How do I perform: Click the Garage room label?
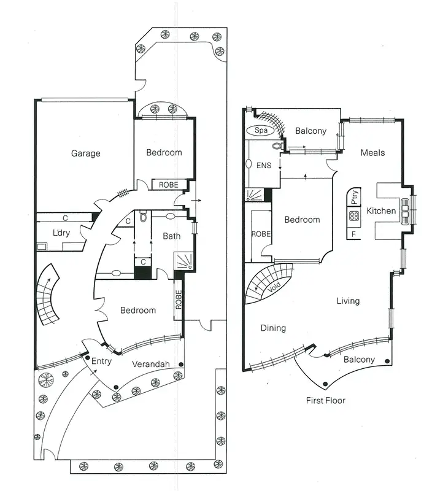click(85, 153)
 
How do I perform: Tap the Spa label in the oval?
click(261, 131)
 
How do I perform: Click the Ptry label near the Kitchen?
click(354, 196)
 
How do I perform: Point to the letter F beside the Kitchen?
click(354, 233)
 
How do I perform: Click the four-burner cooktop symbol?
click(354, 215)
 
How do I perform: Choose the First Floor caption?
click(325, 401)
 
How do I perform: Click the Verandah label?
click(150, 364)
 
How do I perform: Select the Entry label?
click(101, 361)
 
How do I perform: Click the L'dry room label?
click(61, 233)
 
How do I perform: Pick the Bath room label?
click(171, 236)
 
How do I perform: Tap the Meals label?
click(372, 152)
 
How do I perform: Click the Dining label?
click(273, 328)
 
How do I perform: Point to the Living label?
click(348, 301)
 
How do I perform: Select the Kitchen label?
click(381, 211)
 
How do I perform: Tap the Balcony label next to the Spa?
click(310, 131)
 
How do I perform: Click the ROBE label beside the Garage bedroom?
click(169, 185)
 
